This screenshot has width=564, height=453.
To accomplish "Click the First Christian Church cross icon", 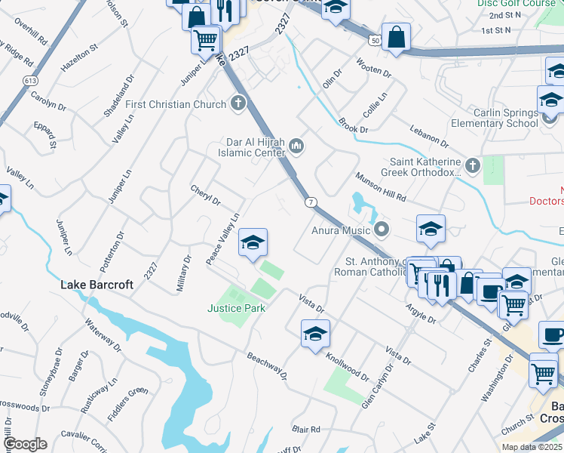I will [238, 103].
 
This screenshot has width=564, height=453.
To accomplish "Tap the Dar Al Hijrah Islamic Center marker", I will [296, 145].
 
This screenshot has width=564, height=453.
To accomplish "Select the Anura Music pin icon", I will [382, 229].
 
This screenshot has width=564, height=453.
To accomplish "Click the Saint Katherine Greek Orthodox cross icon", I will [472, 165].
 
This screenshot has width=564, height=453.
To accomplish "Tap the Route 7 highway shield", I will [310, 202].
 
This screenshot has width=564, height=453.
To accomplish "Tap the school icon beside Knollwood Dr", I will [315, 334].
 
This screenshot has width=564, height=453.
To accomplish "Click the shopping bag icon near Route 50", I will [396, 38].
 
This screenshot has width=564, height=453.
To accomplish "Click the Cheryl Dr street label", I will [205, 196].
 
